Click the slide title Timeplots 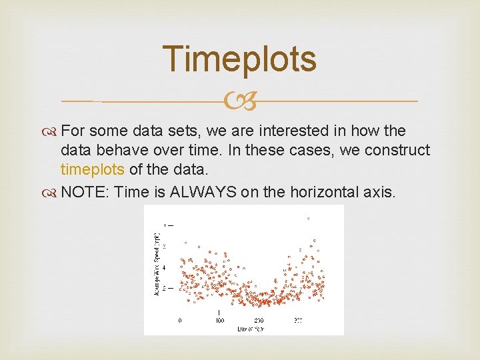click(x=239, y=59)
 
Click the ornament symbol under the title click(x=239, y=101)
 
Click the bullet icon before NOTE click(x=53, y=193)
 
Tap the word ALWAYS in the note click(x=203, y=193)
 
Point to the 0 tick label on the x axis click(x=179, y=320)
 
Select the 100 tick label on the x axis click(x=219, y=320)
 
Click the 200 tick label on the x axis click(x=259, y=320)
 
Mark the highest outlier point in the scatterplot click(x=307, y=218)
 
